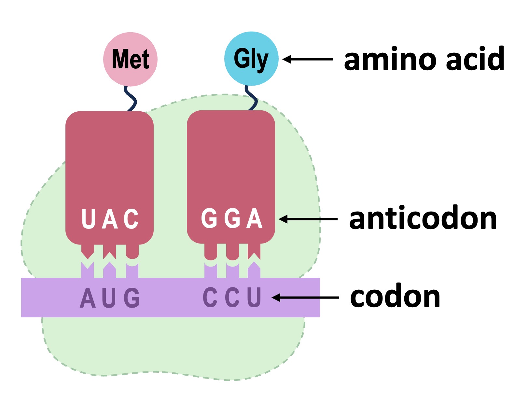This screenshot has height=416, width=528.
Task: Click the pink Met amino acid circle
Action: pos(130,59)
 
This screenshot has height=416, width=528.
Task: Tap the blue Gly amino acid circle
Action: pos(251,59)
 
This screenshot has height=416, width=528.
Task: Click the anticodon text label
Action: pos(423,218)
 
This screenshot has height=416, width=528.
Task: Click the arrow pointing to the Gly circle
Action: pos(307,59)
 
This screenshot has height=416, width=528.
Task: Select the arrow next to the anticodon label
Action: pos(308,219)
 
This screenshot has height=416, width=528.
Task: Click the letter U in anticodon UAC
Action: pos(88,219)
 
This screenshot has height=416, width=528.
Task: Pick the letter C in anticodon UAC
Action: pos(131,219)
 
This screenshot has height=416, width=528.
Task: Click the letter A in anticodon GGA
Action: pos(254,218)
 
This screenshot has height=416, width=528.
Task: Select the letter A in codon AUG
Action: pos(88,298)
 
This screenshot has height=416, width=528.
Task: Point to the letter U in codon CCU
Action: pos(254,297)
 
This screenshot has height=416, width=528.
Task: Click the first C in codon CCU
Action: pos(210,297)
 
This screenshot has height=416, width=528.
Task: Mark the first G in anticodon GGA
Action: pos(209,218)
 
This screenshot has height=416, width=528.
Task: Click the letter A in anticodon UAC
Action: pos(110,219)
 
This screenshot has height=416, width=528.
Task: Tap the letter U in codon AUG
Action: pos(109,298)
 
